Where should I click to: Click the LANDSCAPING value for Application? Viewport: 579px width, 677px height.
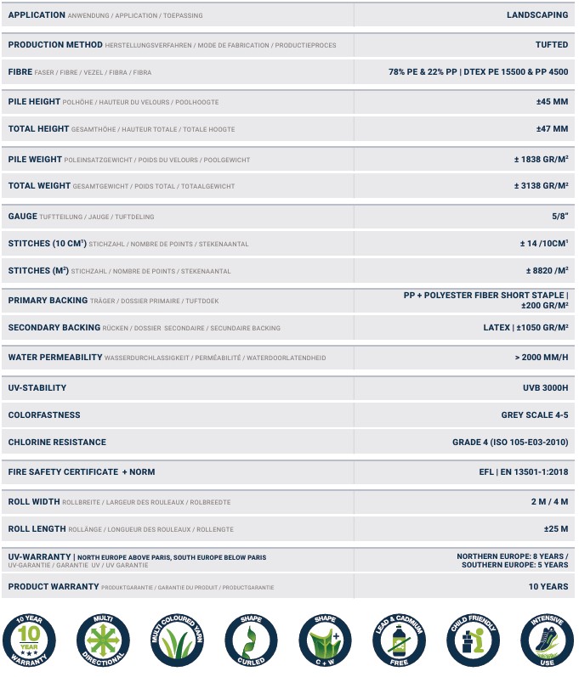537,15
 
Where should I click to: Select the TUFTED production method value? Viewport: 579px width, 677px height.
552,44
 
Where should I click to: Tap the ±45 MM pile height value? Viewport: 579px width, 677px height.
552,102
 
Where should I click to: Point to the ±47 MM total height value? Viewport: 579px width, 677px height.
552,129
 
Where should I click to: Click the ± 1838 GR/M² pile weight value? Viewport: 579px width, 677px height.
541,159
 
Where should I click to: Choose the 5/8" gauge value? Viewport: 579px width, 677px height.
559,217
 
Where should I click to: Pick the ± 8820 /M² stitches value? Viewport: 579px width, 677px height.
547,271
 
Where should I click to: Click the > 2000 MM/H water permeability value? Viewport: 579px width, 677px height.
542,358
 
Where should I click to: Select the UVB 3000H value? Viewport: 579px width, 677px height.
545,388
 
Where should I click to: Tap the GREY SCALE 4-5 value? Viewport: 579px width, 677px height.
535,415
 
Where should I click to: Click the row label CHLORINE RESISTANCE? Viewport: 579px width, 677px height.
57,443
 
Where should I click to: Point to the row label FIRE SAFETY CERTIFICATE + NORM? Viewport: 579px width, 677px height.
82,471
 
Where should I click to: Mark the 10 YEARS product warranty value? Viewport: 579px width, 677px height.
548,587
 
